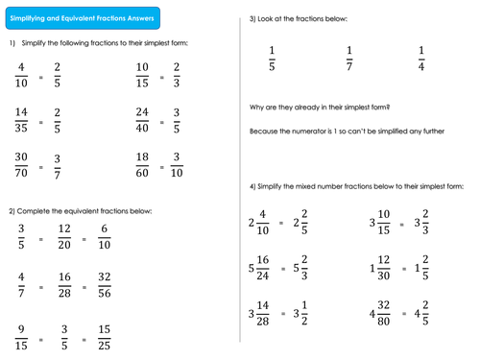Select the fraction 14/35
coord(22,122)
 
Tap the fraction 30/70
coord(22,166)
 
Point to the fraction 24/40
coord(143,122)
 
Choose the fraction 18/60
coord(143,166)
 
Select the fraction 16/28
coord(63,287)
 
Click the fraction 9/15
coord(22,338)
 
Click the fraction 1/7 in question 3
coord(349,60)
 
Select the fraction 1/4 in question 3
coord(421,60)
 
